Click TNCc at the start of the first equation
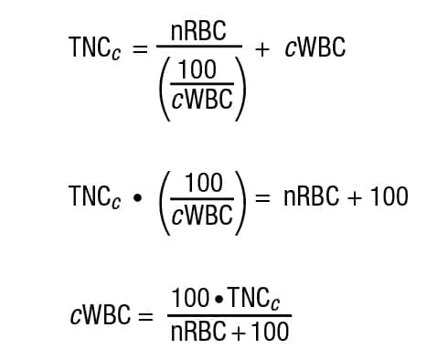(97, 48)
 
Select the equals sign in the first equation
(141, 48)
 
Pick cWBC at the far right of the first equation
(315, 48)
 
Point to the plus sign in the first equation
(262, 48)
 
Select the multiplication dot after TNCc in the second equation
(137, 198)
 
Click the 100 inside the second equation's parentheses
(203, 182)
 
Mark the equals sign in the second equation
(264, 196)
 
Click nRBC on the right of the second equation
(314, 196)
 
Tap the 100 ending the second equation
(390, 196)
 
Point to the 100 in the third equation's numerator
(188, 299)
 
